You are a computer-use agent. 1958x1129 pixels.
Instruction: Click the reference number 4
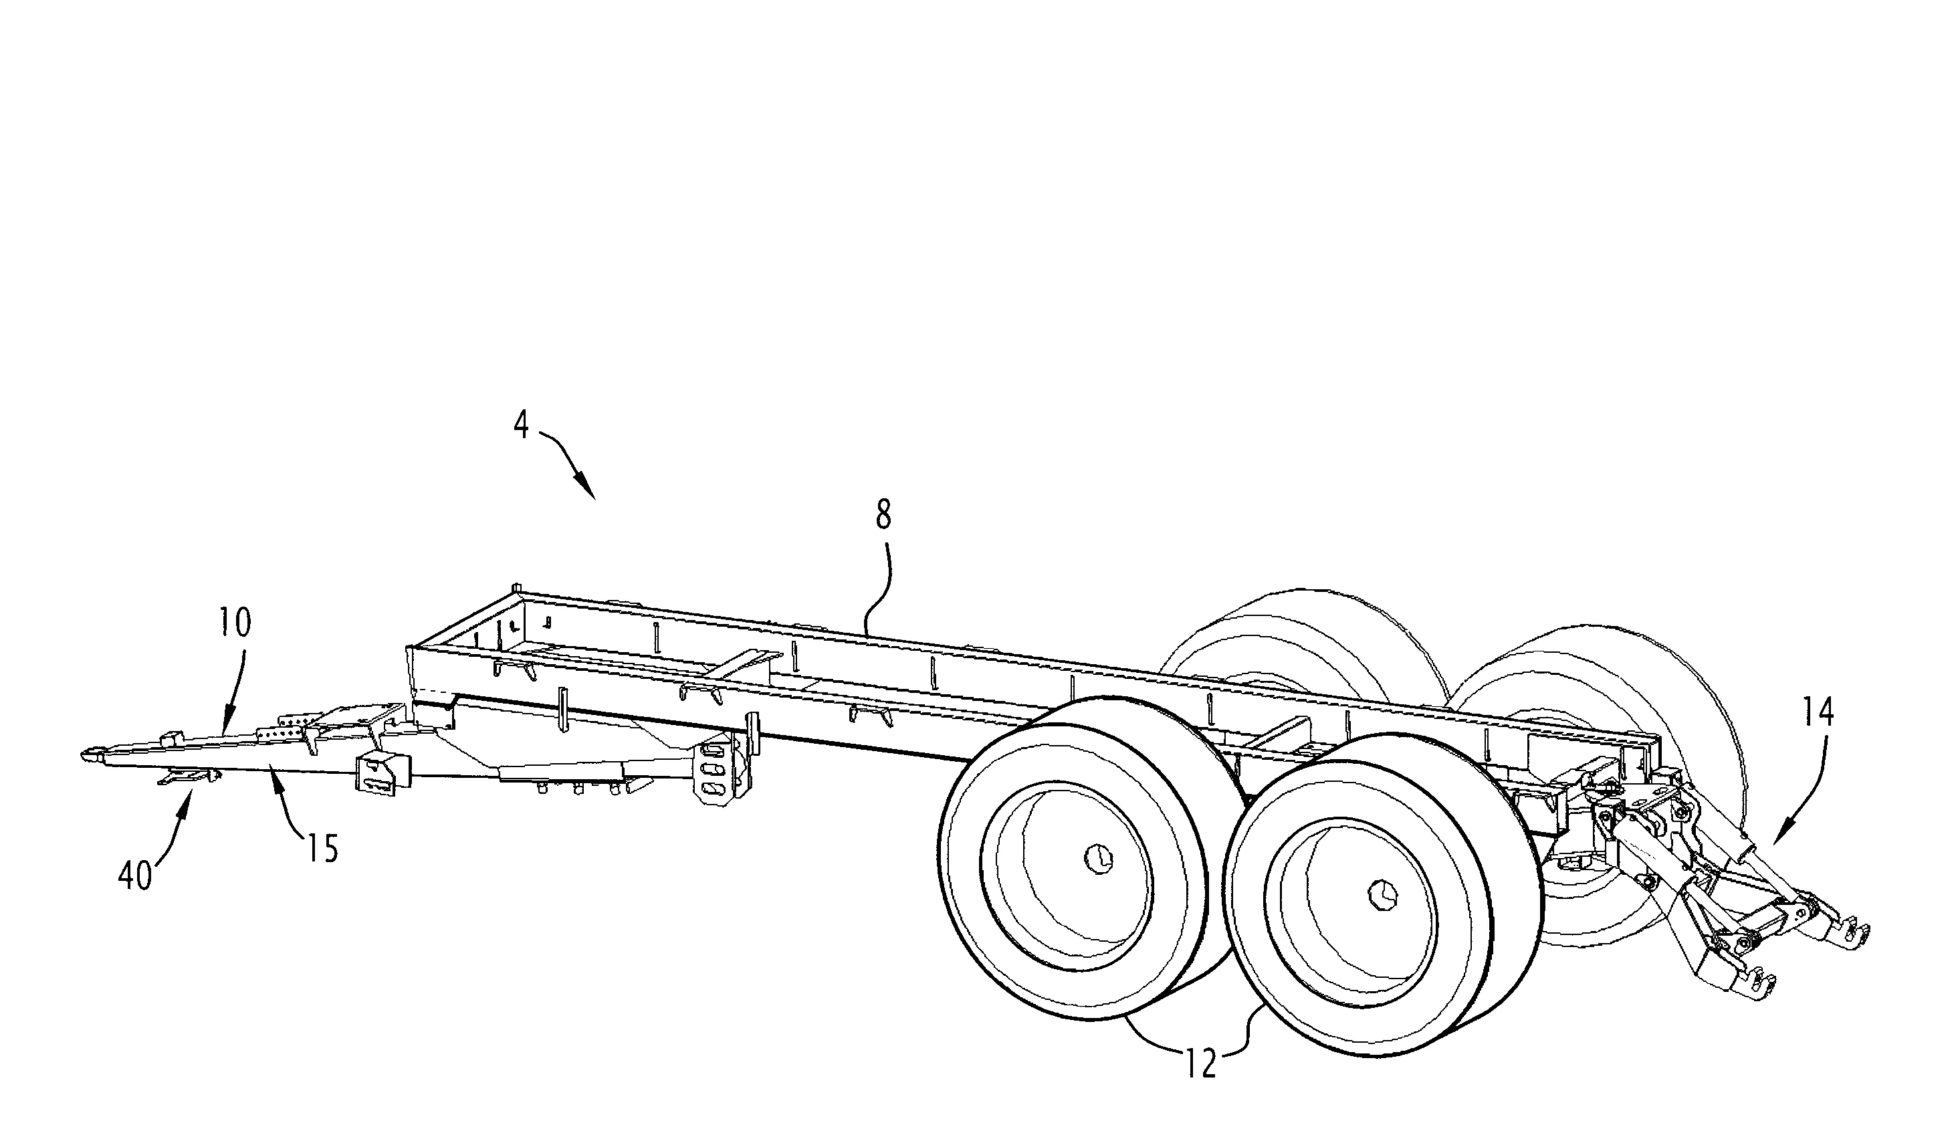(522, 425)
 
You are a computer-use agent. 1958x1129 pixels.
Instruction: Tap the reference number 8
(883, 514)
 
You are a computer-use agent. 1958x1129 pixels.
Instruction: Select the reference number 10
(235, 623)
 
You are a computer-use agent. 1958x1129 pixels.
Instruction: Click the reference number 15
(322, 849)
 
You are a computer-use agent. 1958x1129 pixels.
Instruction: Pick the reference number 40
(135, 879)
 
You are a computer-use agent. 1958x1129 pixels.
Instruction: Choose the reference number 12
(1200, 1065)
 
